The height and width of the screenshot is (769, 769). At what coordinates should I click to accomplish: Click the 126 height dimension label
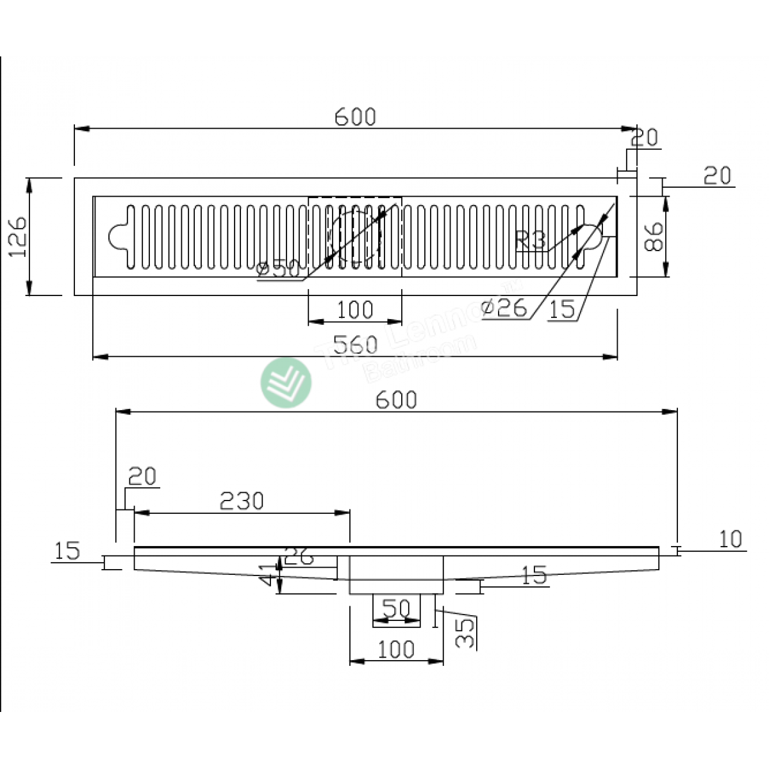tap(18, 236)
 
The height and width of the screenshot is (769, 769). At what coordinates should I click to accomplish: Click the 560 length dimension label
tap(356, 345)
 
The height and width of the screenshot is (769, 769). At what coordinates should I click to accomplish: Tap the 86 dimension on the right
tap(653, 236)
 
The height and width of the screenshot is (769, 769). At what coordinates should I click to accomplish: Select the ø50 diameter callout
tap(278, 270)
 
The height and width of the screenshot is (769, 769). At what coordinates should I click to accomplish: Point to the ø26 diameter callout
tap(504, 308)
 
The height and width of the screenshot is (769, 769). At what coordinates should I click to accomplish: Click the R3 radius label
tap(530, 241)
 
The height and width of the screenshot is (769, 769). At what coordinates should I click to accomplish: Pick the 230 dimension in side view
tap(242, 501)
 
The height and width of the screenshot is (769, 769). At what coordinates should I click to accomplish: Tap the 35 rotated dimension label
tap(468, 633)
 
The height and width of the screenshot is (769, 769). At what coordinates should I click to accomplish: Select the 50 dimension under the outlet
tap(395, 608)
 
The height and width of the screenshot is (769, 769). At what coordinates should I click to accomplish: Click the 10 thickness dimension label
tap(730, 540)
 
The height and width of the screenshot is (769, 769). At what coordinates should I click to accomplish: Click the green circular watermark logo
tap(286, 383)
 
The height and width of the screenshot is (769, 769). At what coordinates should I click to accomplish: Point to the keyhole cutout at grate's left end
tap(119, 236)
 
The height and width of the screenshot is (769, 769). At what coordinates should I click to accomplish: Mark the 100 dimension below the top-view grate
tap(355, 310)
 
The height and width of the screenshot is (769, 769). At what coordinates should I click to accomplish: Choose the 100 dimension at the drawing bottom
tap(396, 650)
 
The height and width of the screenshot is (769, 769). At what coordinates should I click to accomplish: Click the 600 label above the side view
tap(396, 400)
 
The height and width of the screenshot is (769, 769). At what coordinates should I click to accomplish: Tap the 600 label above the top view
tap(356, 117)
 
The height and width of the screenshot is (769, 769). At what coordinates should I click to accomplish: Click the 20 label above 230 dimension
tap(142, 477)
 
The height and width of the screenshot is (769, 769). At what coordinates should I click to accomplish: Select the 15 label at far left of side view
tap(67, 551)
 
